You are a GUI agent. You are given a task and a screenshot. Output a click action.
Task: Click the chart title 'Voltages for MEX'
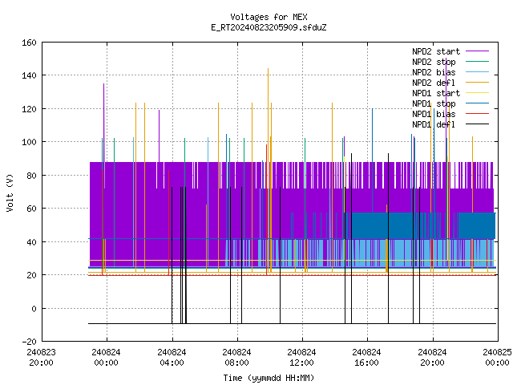tap(269, 17)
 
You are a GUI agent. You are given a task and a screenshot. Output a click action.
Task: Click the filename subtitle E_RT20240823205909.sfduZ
tap(269, 27)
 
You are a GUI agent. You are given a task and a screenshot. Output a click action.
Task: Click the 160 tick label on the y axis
tap(29, 43)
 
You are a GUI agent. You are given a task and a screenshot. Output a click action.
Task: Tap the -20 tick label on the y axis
tap(29, 342)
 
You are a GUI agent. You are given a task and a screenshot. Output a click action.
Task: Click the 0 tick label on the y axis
tap(34, 308)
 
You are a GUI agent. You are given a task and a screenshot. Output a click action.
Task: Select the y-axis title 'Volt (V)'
tap(10, 192)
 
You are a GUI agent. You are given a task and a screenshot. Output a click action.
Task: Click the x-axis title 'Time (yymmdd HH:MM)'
tap(269, 378)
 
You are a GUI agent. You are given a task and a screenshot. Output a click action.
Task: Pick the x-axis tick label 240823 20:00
tap(41, 358)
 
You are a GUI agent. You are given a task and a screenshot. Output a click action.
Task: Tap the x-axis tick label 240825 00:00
tap(497, 358)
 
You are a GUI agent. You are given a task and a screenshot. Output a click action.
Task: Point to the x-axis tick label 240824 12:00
tap(301, 358)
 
